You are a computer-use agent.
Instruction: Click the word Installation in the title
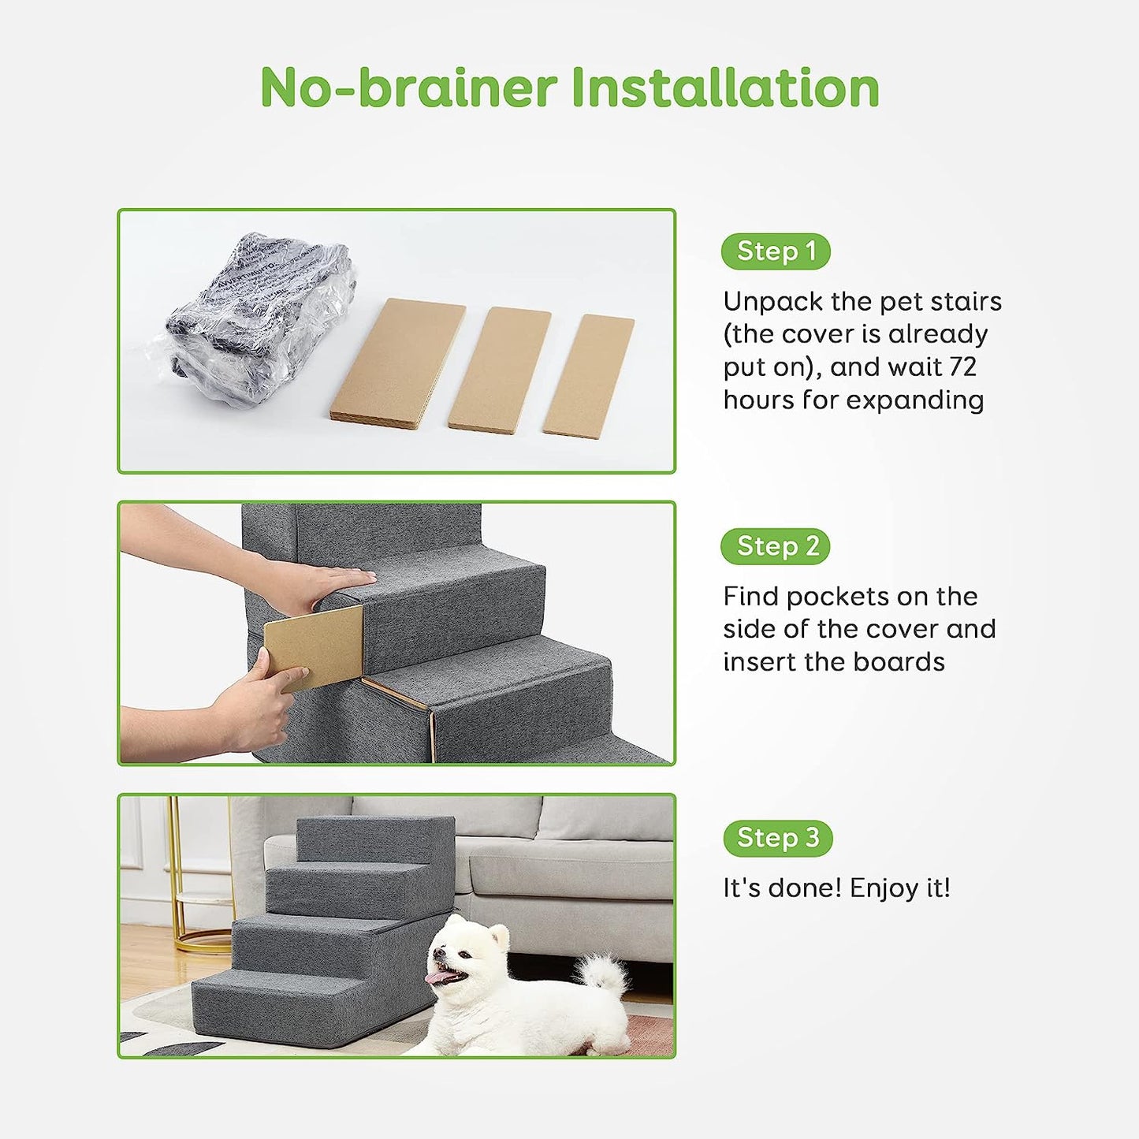pos(724,87)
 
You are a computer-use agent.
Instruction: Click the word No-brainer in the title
pos(408,87)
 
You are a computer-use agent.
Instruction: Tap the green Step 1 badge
pos(776,251)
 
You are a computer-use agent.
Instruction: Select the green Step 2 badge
pos(776,546)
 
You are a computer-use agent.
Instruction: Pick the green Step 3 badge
pos(777,838)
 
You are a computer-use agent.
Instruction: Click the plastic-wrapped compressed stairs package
pos(256,319)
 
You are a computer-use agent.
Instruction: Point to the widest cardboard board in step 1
pos(398,363)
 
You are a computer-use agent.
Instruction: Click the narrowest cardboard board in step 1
pos(589,375)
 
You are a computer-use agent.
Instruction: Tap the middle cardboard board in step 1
pos(499,369)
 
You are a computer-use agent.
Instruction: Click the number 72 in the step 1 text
pos(962,367)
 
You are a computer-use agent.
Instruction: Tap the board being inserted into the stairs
pos(314,646)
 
